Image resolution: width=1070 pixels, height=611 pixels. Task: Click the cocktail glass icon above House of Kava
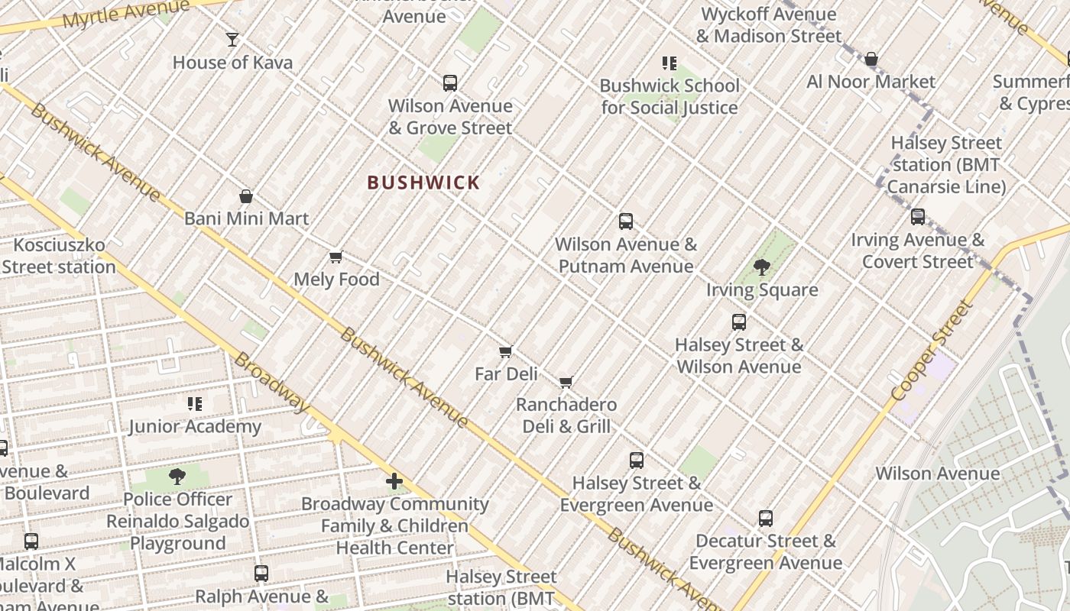tap(232, 39)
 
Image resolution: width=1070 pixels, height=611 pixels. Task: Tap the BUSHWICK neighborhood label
tap(423, 183)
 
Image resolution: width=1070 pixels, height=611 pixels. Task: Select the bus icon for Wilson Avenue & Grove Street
tap(450, 83)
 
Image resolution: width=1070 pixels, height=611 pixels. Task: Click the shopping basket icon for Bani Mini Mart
tap(246, 196)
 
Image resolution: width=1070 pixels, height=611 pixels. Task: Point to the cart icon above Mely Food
tap(336, 257)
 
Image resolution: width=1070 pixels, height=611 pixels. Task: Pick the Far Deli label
tap(506, 374)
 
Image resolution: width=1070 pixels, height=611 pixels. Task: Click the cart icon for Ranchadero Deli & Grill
tap(566, 382)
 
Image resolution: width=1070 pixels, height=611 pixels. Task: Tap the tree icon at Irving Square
tap(761, 267)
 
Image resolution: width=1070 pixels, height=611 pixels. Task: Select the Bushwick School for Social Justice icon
tap(670, 63)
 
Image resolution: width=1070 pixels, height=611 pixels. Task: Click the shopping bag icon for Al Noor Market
tap(871, 60)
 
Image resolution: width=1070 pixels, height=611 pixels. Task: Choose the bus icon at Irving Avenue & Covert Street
tap(918, 217)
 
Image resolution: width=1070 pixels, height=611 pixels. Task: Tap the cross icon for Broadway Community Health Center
tap(394, 481)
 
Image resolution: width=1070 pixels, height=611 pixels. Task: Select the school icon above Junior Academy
tap(195, 404)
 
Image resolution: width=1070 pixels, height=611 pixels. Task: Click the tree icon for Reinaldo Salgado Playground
tap(177, 477)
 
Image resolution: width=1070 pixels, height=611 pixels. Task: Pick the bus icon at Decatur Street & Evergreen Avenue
tap(766, 519)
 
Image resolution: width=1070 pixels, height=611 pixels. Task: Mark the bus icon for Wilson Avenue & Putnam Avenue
tap(626, 221)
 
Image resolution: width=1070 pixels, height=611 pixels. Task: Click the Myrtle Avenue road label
tap(126, 15)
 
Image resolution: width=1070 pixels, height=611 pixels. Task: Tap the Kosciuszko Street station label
tap(60, 256)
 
